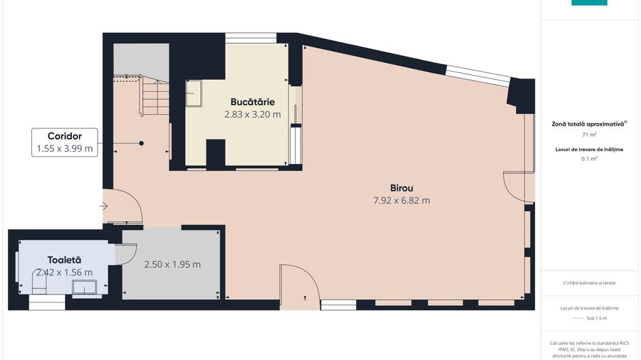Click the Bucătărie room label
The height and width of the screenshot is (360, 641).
(x=252, y=102)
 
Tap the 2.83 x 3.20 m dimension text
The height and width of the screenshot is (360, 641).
(x=252, y=115)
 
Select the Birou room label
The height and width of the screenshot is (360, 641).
(x=402, y=187)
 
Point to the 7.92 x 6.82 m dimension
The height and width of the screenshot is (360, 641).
(x=402, y=201)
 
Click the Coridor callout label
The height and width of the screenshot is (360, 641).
(x=64, y=135)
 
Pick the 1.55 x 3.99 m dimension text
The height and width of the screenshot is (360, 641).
(x=64, y=149)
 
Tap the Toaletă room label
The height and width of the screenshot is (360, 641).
(x=64, y=260)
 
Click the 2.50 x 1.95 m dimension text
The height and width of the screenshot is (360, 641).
(x=172, y=264)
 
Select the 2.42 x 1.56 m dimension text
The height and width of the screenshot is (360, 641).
(x=64, y=273)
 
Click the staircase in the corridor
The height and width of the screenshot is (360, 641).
(x=156, y=98)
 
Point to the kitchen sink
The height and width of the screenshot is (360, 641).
(x=193, y=93)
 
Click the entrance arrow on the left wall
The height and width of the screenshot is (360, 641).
(x=103, y=206)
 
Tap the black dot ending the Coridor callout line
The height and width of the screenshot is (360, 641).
(x=141, y=143)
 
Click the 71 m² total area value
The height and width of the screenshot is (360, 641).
(x=589, y=135)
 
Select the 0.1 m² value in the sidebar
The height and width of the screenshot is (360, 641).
(x=589, y=158)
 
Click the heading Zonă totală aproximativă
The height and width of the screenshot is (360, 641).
(x=588, y=124)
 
